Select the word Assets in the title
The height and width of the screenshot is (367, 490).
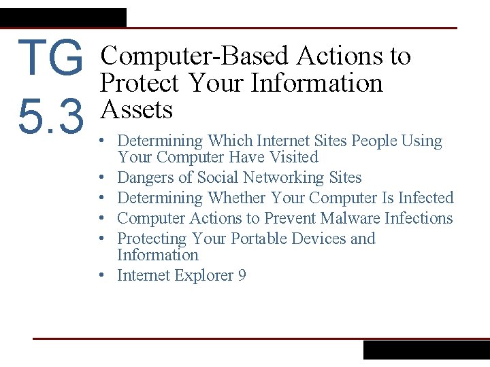click(x=136, y=109)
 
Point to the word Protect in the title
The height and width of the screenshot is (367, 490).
click(x=140, y=83)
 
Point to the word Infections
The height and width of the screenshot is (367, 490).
click(x=419, y=218)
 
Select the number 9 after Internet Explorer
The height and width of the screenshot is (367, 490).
click(x=242, y=275)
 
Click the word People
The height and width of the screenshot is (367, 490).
click(x=374, y=141)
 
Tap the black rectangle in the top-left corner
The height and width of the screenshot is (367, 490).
click(x=63, y=17)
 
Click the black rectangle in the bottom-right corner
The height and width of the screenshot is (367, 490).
click(x=426, y=349)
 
